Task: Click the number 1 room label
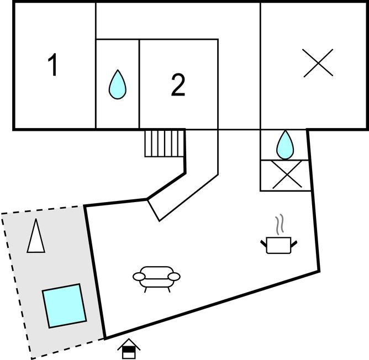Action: coord(53,66)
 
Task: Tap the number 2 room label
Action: coord(178,86)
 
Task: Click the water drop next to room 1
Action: coord(118,84)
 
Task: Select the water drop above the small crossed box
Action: coord(285,144)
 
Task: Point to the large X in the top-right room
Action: coord(319,63)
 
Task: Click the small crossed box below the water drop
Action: coord(287,175)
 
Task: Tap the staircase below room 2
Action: coord(164,143)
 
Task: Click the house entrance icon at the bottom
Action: coord(129,348)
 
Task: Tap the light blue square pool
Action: coord(65,305)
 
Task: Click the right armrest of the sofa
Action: coord(175,276)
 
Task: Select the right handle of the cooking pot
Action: coord(294,242)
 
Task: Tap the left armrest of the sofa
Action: coord(139,276)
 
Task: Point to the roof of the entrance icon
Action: coord(129,343)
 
